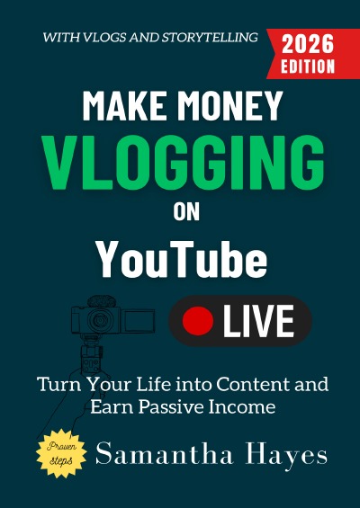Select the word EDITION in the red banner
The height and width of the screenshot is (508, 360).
[x=307, y=66]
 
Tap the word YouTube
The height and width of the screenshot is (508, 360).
[x=183, y=261]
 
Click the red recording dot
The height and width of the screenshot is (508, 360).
[x=197, y=320]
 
